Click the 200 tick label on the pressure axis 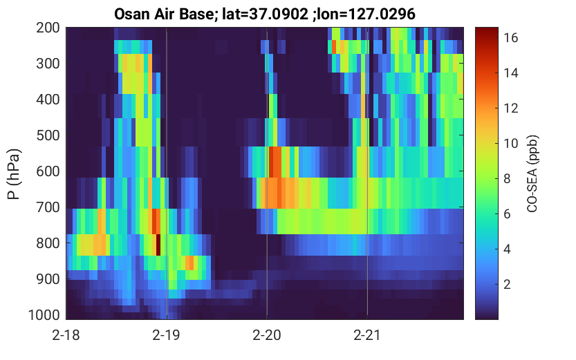[x=48, y=28]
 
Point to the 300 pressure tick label [x=48, y=64]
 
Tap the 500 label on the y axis [x=48, y=135]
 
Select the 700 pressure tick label [x=48, y=207]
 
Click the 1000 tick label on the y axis [x=44, y=315]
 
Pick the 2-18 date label [x=66, y=335]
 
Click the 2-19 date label [x=167, y=335]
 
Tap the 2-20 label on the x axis [x=267, y=335]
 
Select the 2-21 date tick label [x=367, y=335]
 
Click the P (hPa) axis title [x=14, y=174]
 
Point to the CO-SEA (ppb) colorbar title [x=532, y=174]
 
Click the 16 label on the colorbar [x=510, y=37]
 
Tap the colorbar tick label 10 [x=510, y=143]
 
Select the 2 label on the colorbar [x=507, y=284]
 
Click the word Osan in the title [x=131, y=15]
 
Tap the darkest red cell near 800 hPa [x=158, y=245]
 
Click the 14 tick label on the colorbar [x=510, y=73]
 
